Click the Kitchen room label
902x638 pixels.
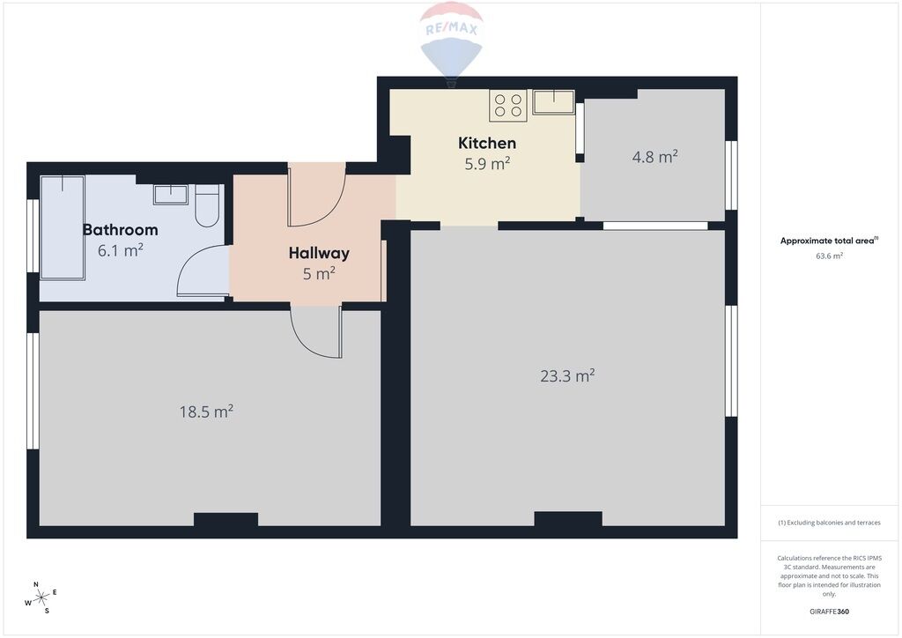coord(486,144)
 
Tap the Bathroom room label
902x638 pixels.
coord(120,229)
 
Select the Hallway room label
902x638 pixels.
coord(319,253)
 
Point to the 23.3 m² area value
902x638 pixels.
coord(567,375)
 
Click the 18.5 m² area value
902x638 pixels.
coord(206,412)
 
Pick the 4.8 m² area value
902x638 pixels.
coord(654,157)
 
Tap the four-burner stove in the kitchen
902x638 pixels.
coord(508,105)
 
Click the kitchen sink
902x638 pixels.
coord(553,102)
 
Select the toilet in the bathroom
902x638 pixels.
coord(206,205)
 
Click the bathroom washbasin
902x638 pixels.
coord(170,195)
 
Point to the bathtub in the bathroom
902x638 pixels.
coord(63,228)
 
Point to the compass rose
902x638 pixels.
coord(41,598)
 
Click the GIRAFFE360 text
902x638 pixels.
coord(829,612)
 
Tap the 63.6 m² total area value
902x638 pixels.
coord(829,256)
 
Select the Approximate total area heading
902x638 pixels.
coord(829,241)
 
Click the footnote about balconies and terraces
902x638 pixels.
coord(829,523)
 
